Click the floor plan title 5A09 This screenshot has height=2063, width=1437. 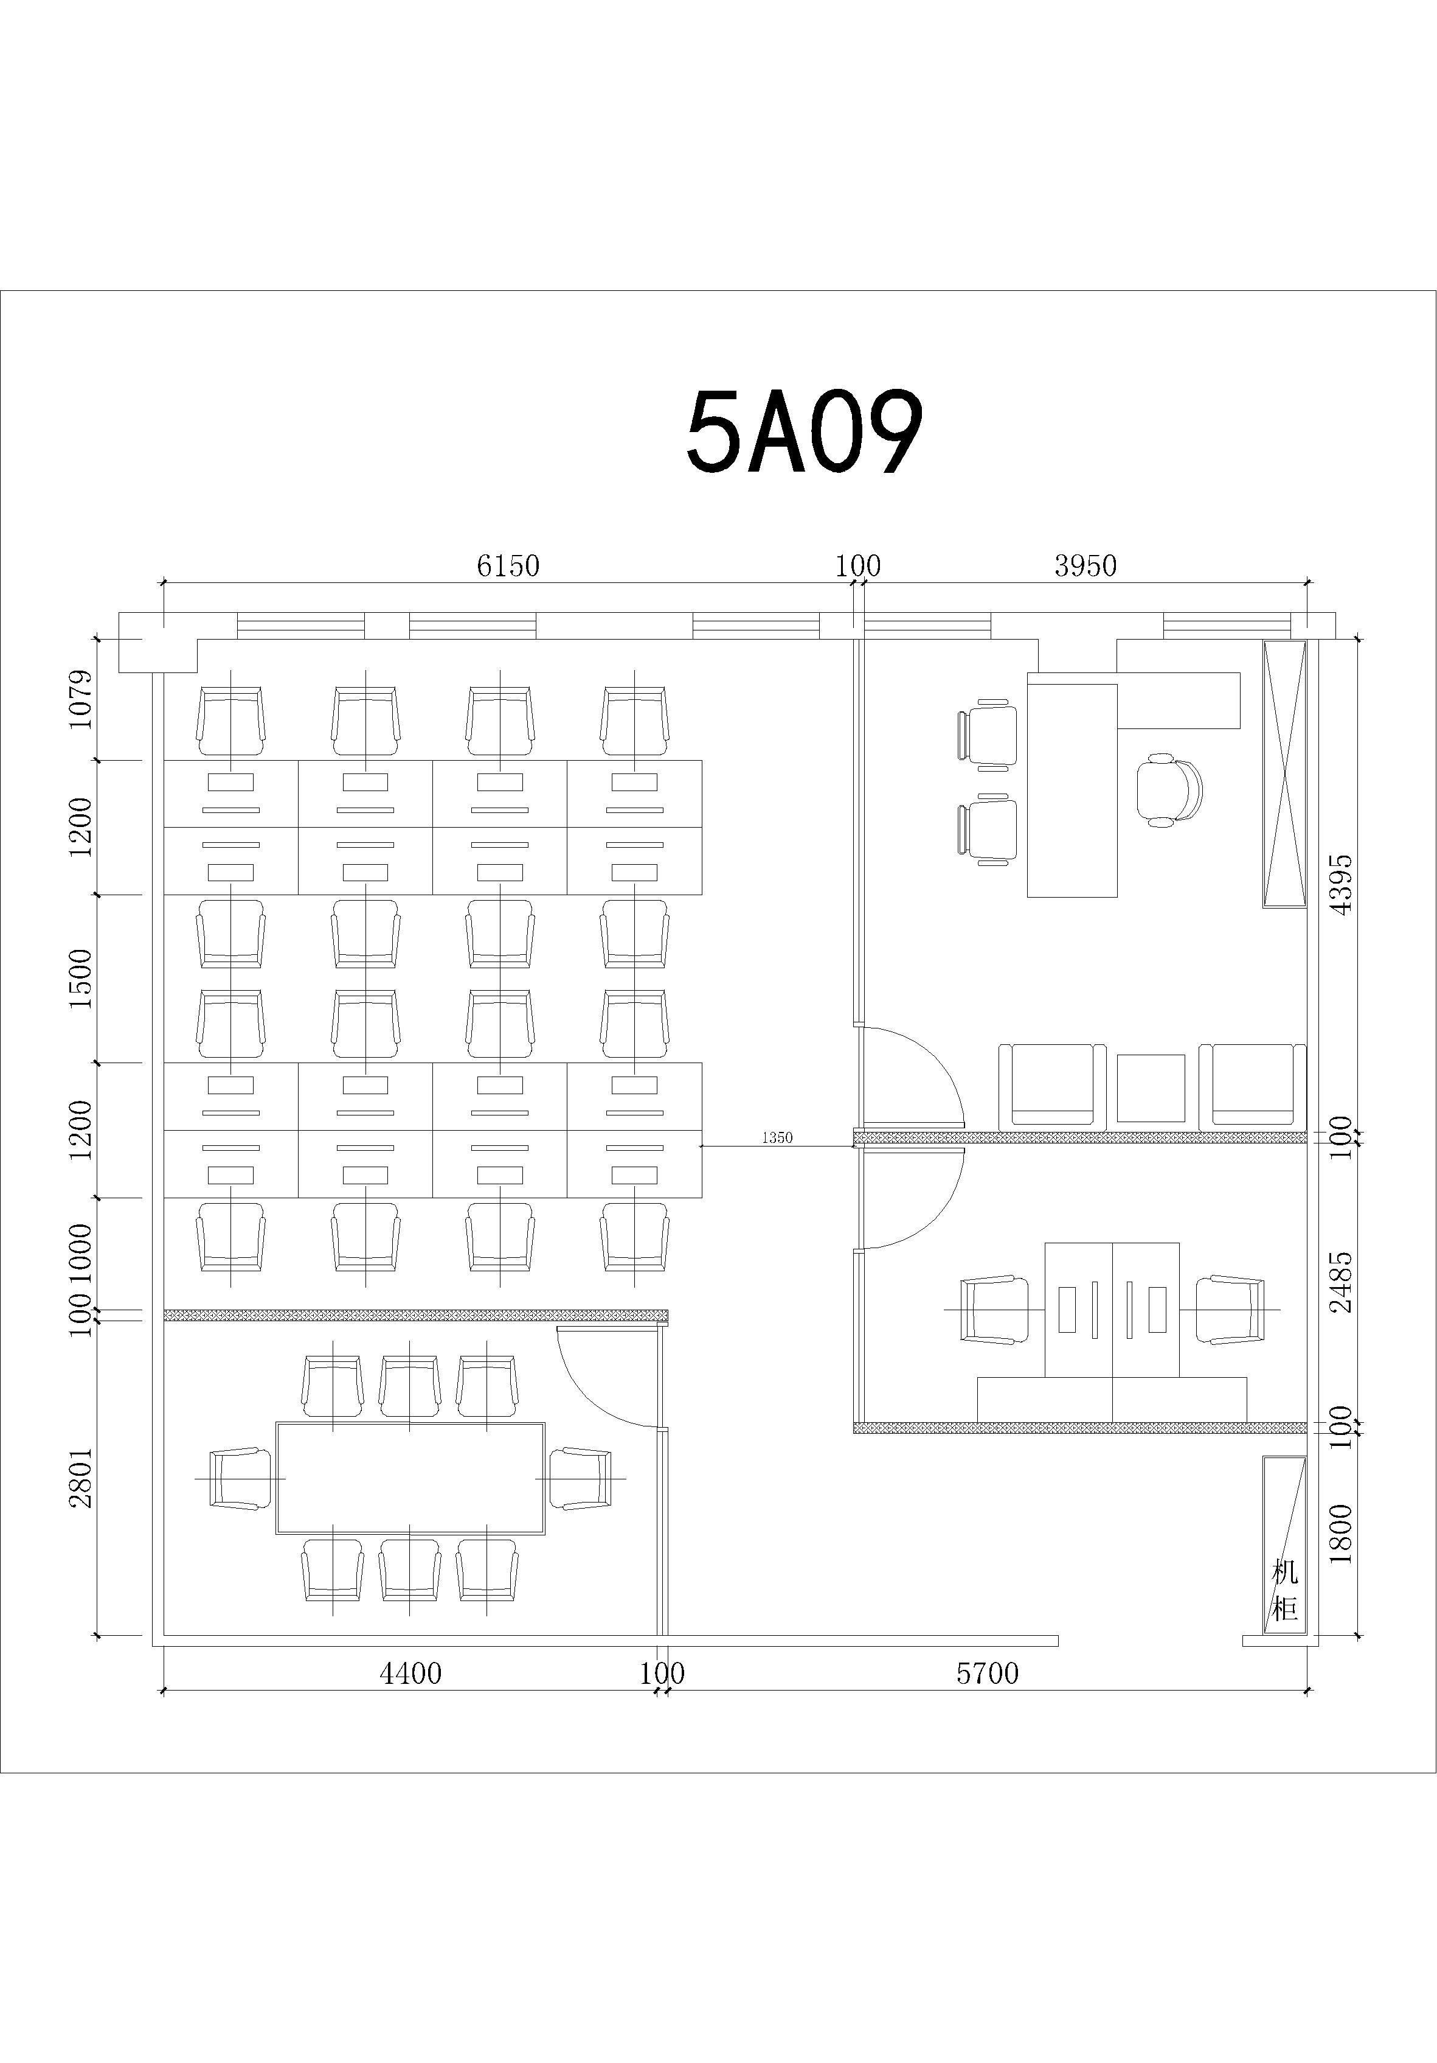point(804,433)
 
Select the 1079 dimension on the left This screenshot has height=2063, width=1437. point(81,699)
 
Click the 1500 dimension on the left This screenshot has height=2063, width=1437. point(81,979)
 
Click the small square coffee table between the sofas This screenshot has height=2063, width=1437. point(1151,1088)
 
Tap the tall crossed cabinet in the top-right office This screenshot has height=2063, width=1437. point(1284,773)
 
